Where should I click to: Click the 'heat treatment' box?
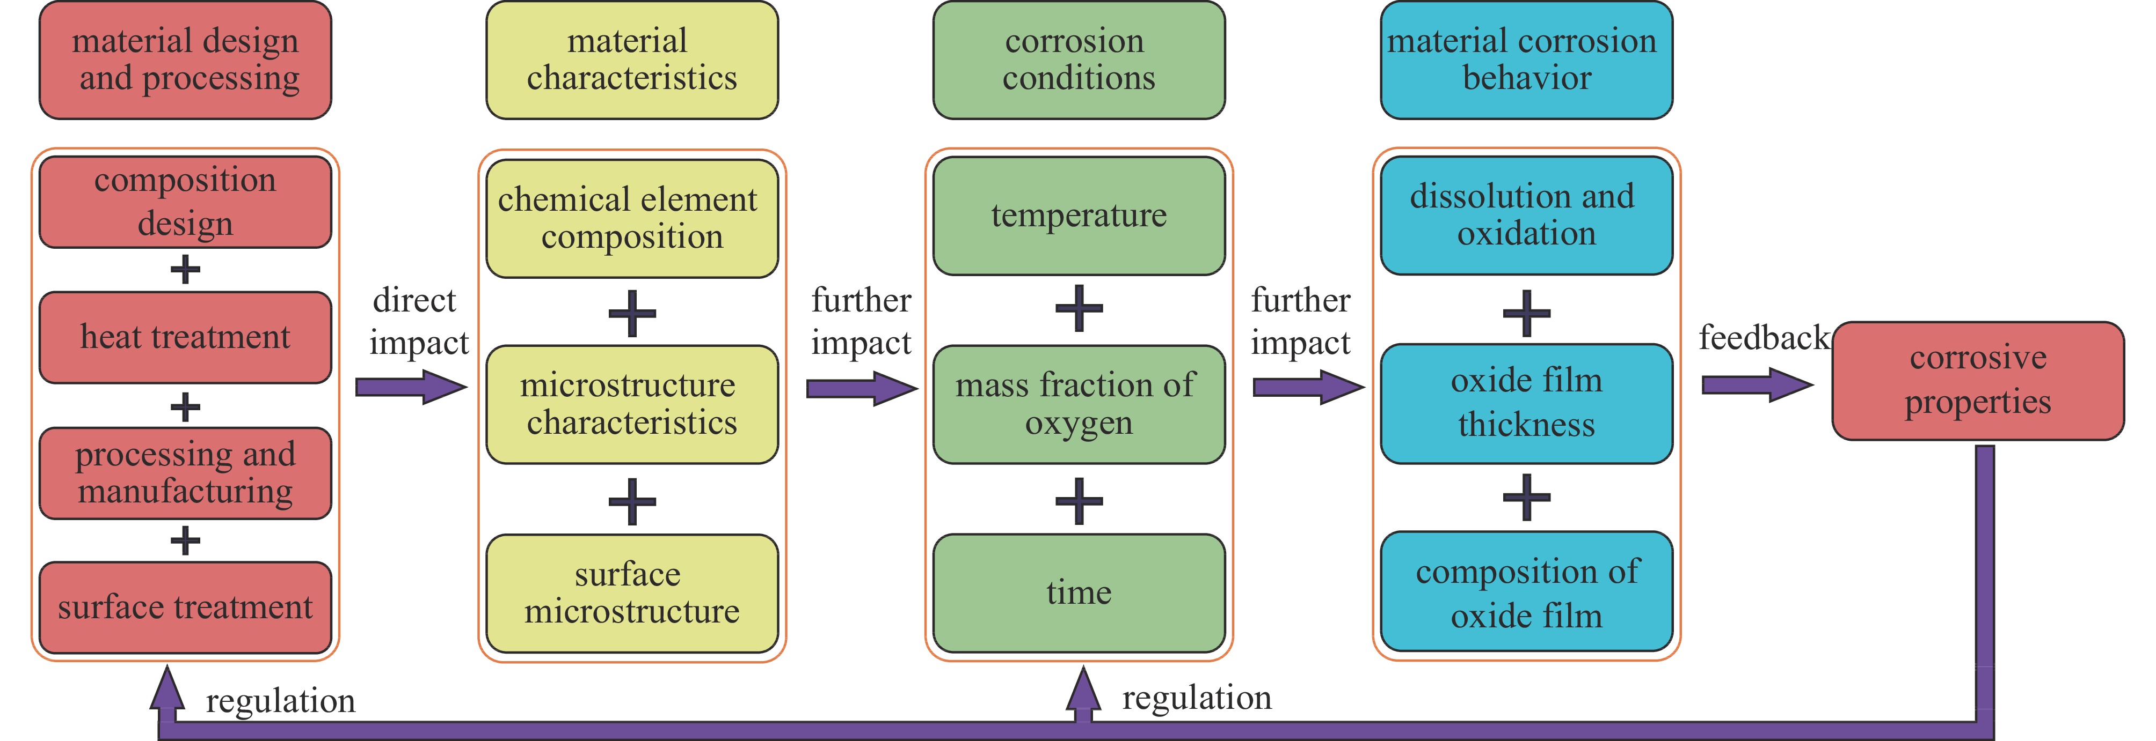click(185, 337)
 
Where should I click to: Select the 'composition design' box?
click(185, 202)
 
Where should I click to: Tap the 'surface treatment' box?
click(185, 607)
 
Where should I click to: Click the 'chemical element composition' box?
click(632, 218)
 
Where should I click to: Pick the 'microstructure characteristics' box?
click(632, 404)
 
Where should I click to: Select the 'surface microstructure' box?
click(632, 593)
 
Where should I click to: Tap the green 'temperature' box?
click(1079, 216)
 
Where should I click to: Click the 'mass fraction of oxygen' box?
click(1079, 404)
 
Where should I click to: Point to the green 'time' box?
click(1079, 593)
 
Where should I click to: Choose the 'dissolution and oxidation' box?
click(1527, 215)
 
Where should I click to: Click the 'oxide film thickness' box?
click(1527, 403)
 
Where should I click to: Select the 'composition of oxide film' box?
click(1527, 591)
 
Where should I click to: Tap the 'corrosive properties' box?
click(1978, 381)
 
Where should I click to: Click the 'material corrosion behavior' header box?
click(1527, 60)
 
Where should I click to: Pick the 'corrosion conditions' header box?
click(1079, 60)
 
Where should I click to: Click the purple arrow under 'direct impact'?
click(410, 387)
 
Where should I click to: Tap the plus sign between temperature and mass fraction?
click(1079, 309)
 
